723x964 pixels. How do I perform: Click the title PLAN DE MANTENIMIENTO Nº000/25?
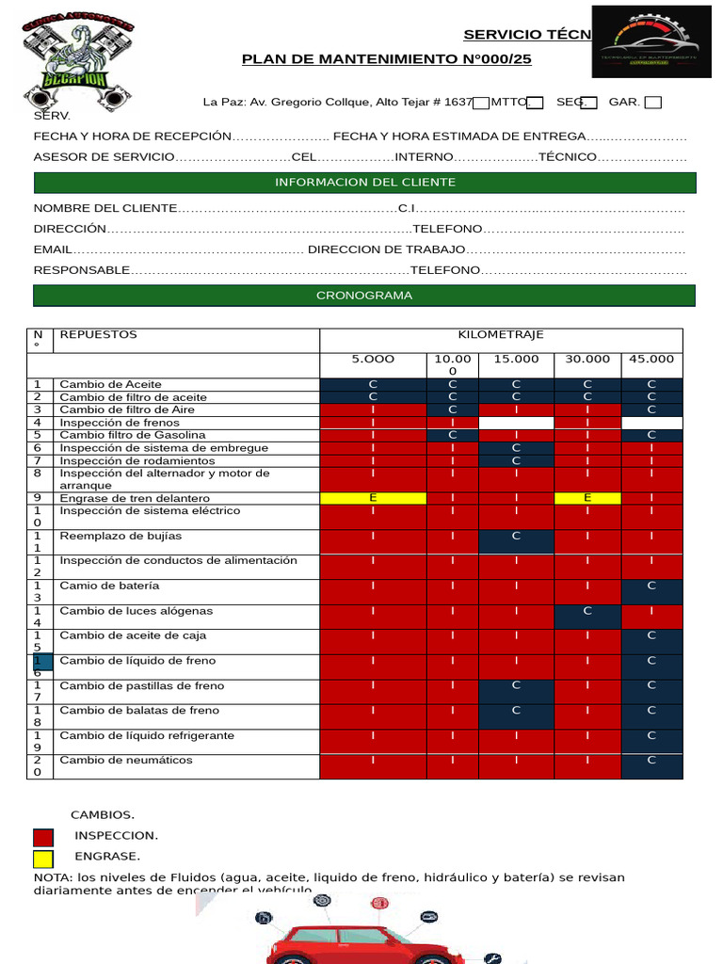380,59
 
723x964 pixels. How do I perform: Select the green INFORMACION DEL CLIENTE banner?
364,182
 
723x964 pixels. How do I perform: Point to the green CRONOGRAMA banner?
364,296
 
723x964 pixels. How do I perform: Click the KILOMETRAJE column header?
501,335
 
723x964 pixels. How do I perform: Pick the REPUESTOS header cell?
98,335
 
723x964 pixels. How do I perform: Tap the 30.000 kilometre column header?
587,360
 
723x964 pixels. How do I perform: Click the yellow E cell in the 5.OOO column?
373,498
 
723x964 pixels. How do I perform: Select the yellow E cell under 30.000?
587,498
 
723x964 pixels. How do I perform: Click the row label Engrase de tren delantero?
135,498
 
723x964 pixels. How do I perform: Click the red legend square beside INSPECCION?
43,837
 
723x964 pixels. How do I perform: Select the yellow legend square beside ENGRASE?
43,858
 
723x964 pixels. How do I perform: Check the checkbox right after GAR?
653,102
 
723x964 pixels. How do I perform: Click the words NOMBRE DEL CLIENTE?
104,208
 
